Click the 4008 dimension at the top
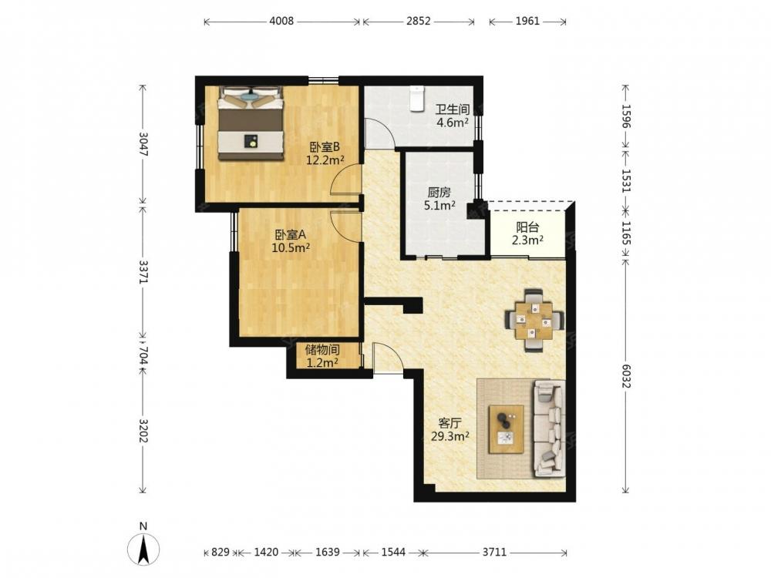[281, 21]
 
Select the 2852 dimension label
[419, 21]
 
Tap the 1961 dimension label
[527, 21]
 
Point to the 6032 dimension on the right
[625, 376]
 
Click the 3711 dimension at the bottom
[494, 552]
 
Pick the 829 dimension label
[221, 552]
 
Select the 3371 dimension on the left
[143, 272]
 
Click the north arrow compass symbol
[143, 549]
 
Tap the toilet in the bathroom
[417, 99]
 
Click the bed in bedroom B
[251, 123]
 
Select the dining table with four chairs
[534, 321]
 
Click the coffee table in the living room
[506, 429]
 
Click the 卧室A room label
[291, 235]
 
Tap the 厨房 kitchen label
[439, 193]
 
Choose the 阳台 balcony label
[527, 227]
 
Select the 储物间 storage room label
[322, 350]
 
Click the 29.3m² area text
[450, 436]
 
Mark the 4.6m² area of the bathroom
[453, 123]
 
